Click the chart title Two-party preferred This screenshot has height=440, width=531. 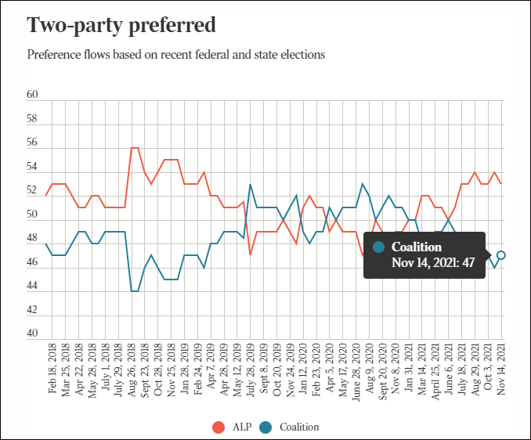(x=121, y=25)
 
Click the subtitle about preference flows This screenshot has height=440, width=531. (x=175, y=55)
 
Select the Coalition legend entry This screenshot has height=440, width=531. (x=290, y=427)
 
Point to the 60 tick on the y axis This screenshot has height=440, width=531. (x=33, y=95)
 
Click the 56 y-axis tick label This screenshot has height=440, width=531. (x=33, y=143)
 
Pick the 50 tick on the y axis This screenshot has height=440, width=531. (x=33, y=215)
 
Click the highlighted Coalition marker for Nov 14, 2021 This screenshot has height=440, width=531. (x=501, y=255)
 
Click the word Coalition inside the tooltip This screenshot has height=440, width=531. (x=417, y=247)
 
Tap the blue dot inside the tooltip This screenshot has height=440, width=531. (x=379, y=247)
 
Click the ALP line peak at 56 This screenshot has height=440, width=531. (x=135, y=147)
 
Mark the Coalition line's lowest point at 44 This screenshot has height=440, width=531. (x=135, y=291)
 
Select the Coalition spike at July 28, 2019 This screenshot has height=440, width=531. (x=250, y=184)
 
